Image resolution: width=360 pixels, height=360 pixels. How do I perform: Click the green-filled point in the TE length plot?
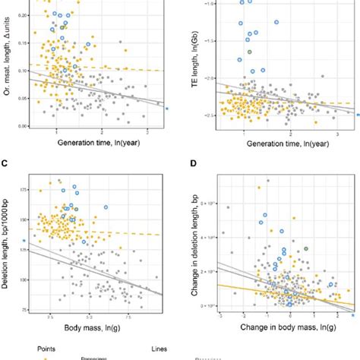[248, 52]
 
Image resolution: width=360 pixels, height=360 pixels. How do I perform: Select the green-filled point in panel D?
[305, 248]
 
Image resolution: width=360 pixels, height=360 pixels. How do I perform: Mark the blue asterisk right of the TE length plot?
[358, 115]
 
